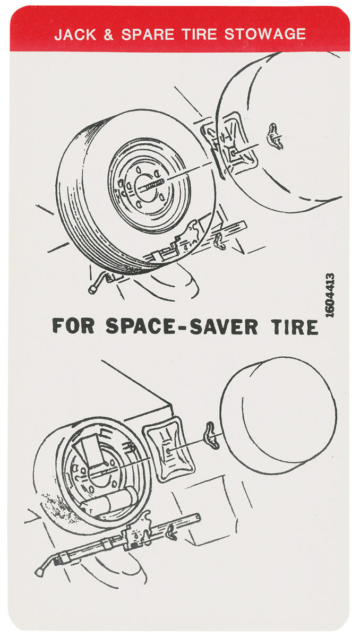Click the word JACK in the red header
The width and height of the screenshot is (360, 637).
point(75,35)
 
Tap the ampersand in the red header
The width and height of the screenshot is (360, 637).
point(108,35)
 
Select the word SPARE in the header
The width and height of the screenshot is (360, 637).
point(148,35)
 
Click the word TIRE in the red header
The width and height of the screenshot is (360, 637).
point(199,34)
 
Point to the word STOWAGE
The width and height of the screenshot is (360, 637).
point(265,34)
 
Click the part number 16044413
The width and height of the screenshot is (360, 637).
point(330,296)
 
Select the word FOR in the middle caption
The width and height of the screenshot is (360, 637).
point(73,326)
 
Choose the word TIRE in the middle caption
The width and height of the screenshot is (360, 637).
point(294,327)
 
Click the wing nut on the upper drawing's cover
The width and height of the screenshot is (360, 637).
point(275,136)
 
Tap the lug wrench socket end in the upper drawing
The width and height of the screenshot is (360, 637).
point(93,289)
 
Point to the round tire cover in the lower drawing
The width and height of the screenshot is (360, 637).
point(278,415)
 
